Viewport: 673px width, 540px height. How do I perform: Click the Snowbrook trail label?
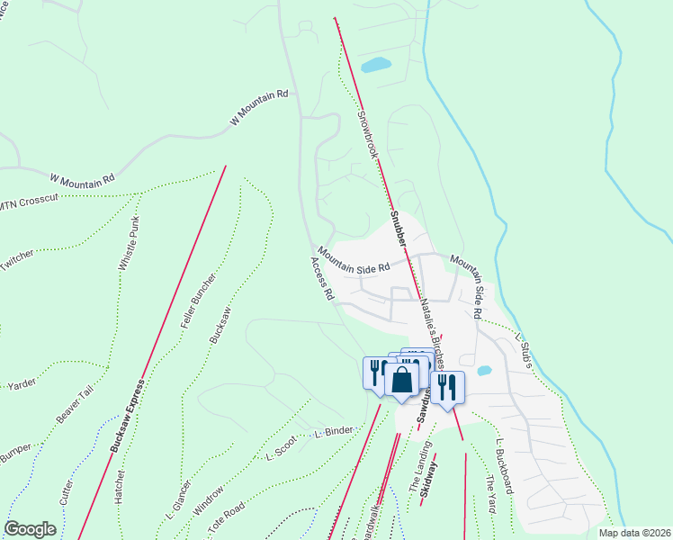click(x=367, y=134)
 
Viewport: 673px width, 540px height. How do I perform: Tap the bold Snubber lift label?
click(x=399, y=229)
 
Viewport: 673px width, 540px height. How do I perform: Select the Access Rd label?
click(x=322, y=278)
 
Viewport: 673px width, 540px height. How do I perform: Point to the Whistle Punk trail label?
click(x=130, y=247)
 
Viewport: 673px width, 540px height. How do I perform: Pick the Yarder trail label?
click(x=22, y=384)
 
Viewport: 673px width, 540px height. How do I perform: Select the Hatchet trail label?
click(x=120, y=486)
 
